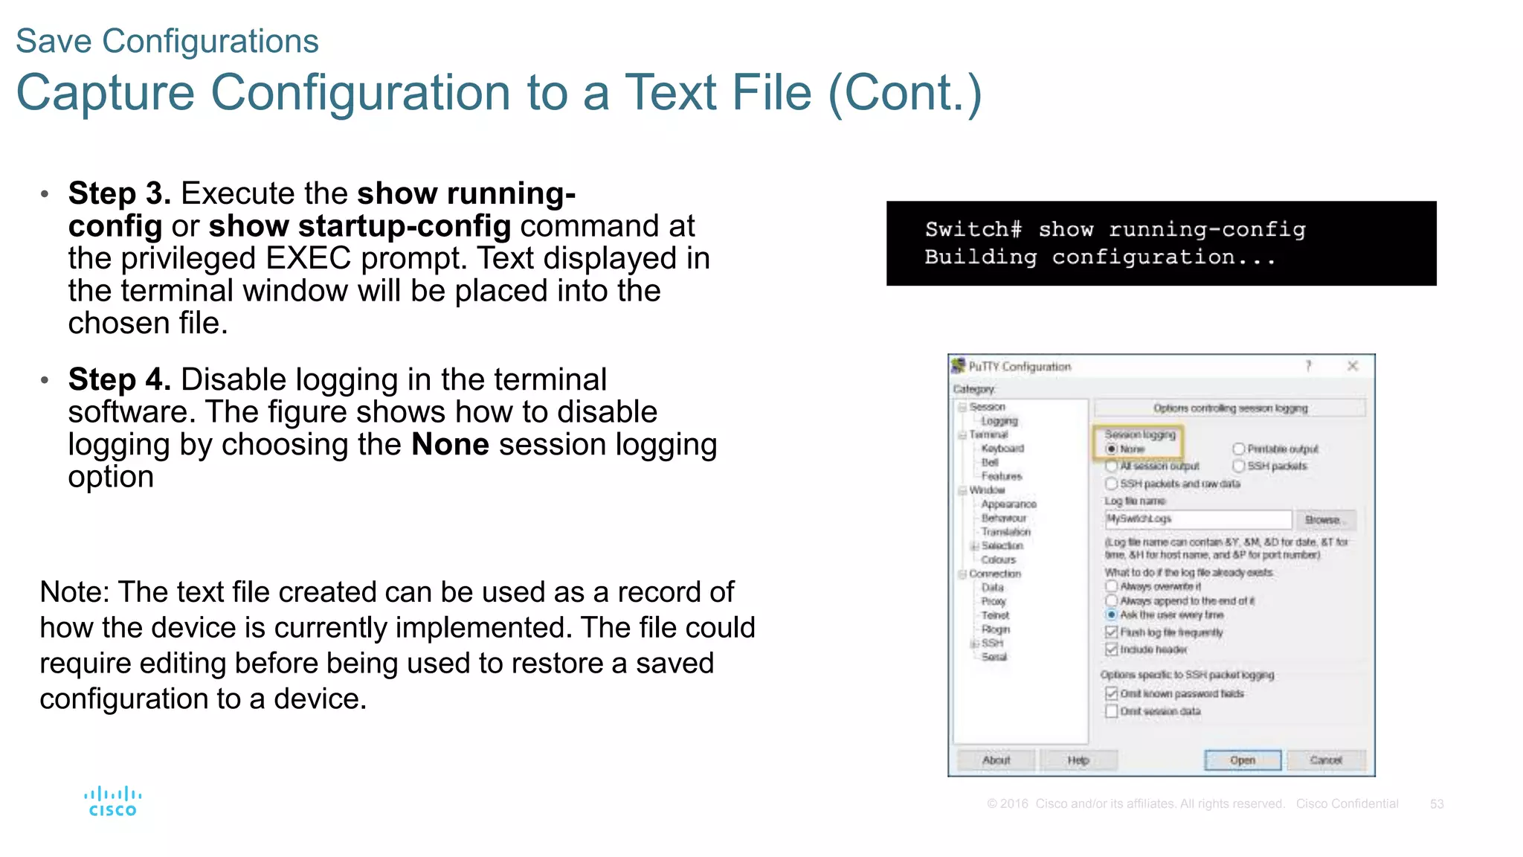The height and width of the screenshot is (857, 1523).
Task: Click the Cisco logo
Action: click(112, 801)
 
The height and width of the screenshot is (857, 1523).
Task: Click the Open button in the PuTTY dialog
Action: click(1242, 760)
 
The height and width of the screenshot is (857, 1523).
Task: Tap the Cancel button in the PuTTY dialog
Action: click(1325, 760)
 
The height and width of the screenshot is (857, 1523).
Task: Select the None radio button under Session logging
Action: click(1111, 449)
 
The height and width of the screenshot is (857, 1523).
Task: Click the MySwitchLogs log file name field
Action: click(1197, 519)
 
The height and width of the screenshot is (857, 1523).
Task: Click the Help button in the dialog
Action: click(1078, 760)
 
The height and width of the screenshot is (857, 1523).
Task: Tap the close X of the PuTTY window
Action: click(1352, 365)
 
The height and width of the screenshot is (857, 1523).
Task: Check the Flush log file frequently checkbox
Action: click(1111, 632)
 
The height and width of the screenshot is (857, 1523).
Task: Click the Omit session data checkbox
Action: click(1111, 711)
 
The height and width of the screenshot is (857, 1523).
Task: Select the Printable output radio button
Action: click(1238, 449)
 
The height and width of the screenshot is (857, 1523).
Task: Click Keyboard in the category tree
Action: click(1002, 448)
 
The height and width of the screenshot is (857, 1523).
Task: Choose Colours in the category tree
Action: click(998, 559)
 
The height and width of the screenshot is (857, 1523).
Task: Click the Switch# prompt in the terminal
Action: click(973, 229)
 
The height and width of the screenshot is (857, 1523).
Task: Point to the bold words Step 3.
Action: click(120, 193)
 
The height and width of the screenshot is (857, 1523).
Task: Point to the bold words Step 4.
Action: click(120, 379)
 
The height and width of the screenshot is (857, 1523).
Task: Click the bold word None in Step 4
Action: click(450, 445)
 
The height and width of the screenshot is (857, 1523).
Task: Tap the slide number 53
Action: click(1436, 803)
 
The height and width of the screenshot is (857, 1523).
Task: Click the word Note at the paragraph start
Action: click(74, 592)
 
